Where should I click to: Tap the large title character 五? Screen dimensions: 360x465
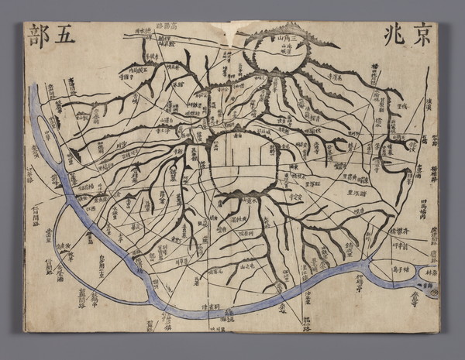(64, 36)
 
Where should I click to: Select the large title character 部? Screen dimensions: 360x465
(36, 36)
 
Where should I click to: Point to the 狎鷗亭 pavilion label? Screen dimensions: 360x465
(356, 283)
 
